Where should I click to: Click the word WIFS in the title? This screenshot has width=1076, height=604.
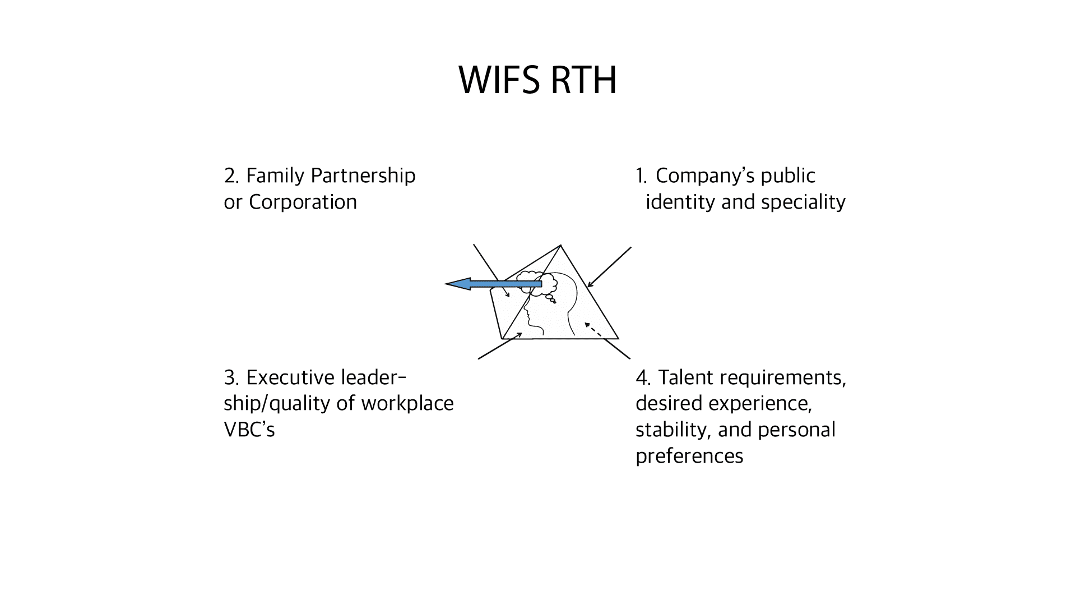pos(500,80)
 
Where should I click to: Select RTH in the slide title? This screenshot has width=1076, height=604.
pos(584,80)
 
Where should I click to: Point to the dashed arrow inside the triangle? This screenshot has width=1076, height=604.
pos(593,330)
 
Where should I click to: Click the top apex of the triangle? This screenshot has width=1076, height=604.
pos(560,245)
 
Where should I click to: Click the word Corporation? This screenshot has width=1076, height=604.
pos(303,202)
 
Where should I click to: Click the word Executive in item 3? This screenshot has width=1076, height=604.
pos(290,377)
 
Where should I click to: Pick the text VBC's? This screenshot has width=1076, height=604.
pos(249,430)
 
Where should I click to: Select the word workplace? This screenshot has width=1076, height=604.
pos(407,404)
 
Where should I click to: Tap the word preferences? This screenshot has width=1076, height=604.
pos(689,456)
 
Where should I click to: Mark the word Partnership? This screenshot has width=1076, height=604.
pos(363,176)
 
